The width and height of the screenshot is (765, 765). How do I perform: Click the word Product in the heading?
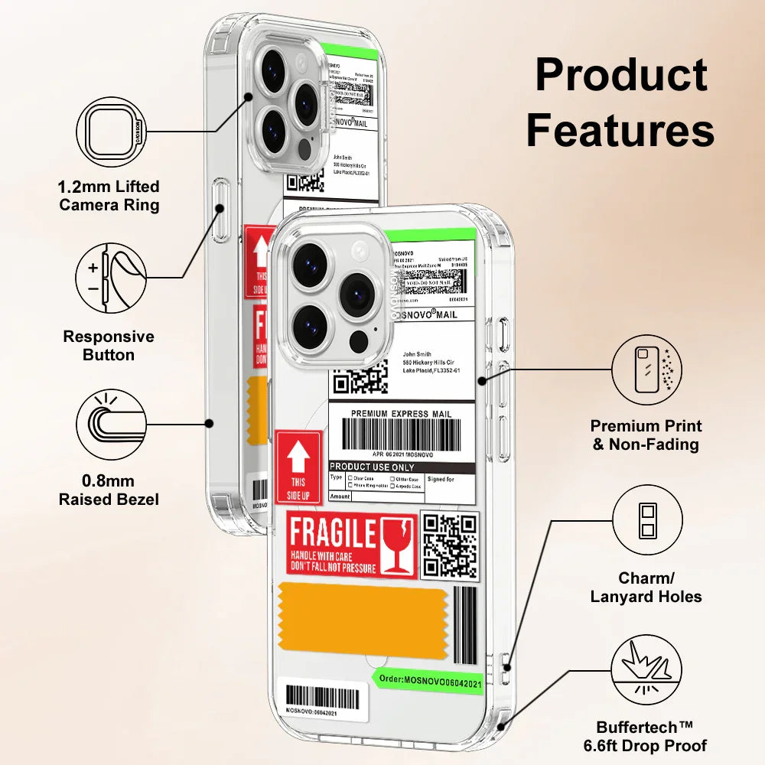pyautogui.click(x=620, y=76)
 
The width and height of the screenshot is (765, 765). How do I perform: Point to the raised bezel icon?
pyautogui.click(x=110, y=425)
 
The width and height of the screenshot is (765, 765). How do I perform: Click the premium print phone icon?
pyautogui.click(x=647, y=369)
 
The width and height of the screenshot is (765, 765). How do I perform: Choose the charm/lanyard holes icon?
pyautogui.click(x=647, y=520)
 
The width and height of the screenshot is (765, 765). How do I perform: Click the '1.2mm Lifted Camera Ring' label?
pyautogui.click(x=109, y=196)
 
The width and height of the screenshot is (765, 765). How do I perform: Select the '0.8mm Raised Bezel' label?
pyautogui.click(x=109, y=490)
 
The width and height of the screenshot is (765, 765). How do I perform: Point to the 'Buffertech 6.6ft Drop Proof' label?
pyautogui.click(x=652, y=736)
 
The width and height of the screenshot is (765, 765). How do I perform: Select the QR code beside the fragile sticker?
pyautogui.click(x=450, y=545)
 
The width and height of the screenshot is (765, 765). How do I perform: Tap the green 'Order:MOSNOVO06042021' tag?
pyautogui.click(x=428, y=679)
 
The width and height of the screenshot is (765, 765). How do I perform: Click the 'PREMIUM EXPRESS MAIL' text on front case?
pyautogui.click(x=401, y=414)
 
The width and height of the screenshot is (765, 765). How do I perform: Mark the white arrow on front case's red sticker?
pyautogui.click(x=298, y=458)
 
